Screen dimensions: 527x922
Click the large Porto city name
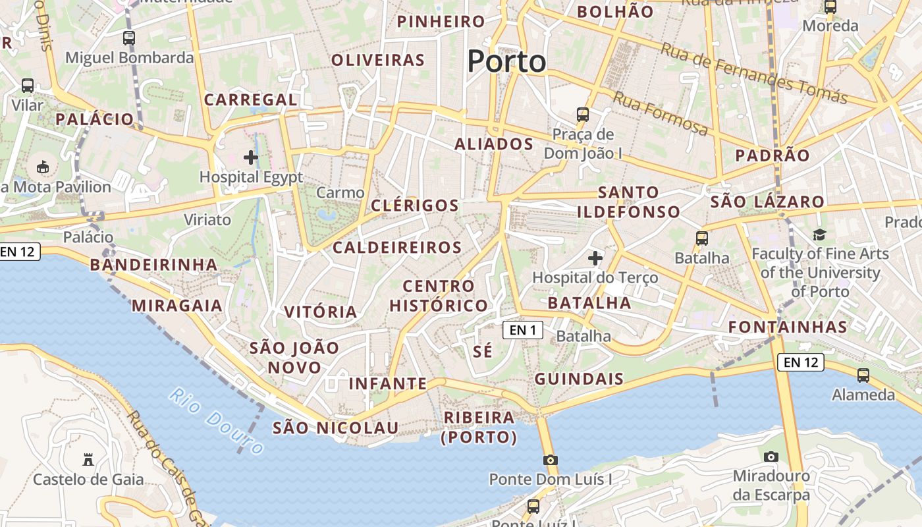pyautogui.click(x=506, y=62)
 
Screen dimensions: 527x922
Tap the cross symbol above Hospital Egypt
pyautogui.click(x=251, y=157)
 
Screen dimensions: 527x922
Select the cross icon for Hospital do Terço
pyautogui.click(x=595, y=258)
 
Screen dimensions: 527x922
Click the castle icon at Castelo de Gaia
pyautogui.click(x=88, y=459)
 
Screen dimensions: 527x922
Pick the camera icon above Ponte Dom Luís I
pyautogui.click(x=551, y=460)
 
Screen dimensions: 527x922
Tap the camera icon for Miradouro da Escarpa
pyautogui.click(x=771, y=457)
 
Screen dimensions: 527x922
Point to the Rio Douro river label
pyautogui.click(x=217, y=421)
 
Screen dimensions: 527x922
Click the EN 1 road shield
pyautogui.click(x=523, y=329)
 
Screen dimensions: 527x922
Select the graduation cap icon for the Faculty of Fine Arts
pyautogui.click(x=819, y=235)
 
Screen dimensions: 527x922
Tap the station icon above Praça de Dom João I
pyautogui.click(x=583, y=115)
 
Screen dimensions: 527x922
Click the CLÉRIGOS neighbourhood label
pyautogui.click(x=415, y=206)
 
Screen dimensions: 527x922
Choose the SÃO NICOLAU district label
pyautogui.click(x=336, y=428)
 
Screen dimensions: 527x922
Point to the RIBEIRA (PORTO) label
pyautogui.click(x=479, y=427)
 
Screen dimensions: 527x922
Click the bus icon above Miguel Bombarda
pyautogui.click(x=129, y=38)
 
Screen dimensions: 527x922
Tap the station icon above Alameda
pyautogui.click(x=863, y=375)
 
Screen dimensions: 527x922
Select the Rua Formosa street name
pyautogui.click(x=661, y=113)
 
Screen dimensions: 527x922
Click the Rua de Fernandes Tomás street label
pyautogui.click(x=754, y=73)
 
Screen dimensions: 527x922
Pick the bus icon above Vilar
pyautogui.click(x=28, y=86)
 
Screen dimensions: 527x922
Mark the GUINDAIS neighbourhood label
pyautogui.click(x=579, y=379)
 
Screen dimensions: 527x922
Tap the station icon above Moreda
pyautogui.click(x=830, y=7)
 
